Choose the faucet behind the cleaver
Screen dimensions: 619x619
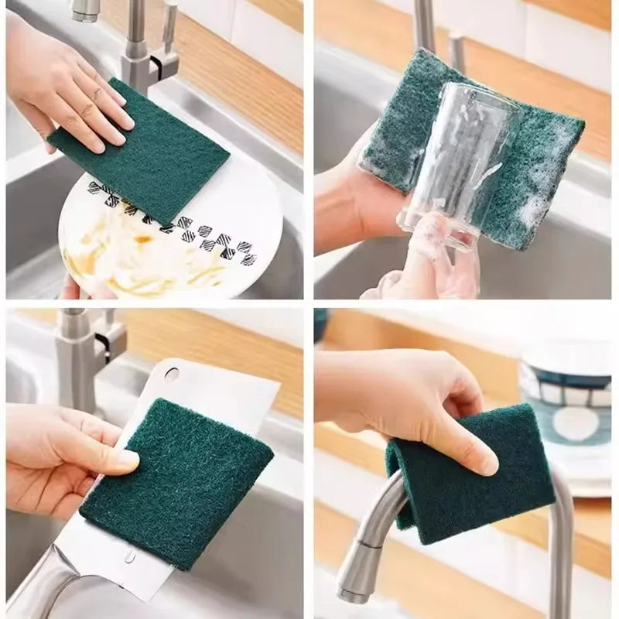point(77,356)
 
